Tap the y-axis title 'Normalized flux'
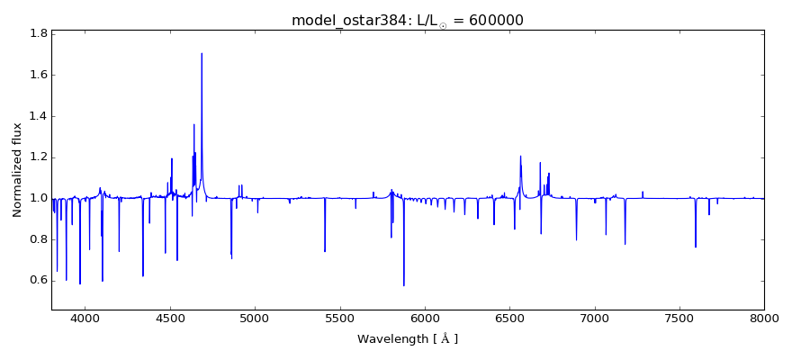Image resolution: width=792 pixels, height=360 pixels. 17,170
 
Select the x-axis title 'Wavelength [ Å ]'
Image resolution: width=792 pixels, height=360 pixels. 408,339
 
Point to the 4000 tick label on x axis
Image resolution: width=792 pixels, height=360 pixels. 85,319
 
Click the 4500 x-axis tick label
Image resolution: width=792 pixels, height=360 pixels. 170,319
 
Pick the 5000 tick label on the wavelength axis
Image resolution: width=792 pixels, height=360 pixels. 255,319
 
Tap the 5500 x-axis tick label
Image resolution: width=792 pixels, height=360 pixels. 339,319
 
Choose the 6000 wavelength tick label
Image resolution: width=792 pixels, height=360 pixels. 425,319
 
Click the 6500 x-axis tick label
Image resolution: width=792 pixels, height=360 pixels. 509,319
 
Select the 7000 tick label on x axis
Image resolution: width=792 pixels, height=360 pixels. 595,319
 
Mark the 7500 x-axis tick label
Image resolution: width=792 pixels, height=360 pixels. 679,319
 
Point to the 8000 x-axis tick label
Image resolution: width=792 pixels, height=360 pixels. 764,319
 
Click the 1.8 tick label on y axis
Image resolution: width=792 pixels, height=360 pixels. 39,33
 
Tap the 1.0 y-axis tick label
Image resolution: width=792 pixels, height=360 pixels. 39,198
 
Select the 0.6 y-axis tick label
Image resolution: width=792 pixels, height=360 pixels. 39,280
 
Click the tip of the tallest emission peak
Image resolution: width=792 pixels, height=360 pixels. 202,53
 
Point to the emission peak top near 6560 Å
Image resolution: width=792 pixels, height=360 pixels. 520,156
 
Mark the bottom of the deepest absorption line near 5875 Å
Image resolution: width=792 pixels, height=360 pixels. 404,285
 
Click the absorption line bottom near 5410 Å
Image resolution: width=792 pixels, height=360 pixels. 325,251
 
